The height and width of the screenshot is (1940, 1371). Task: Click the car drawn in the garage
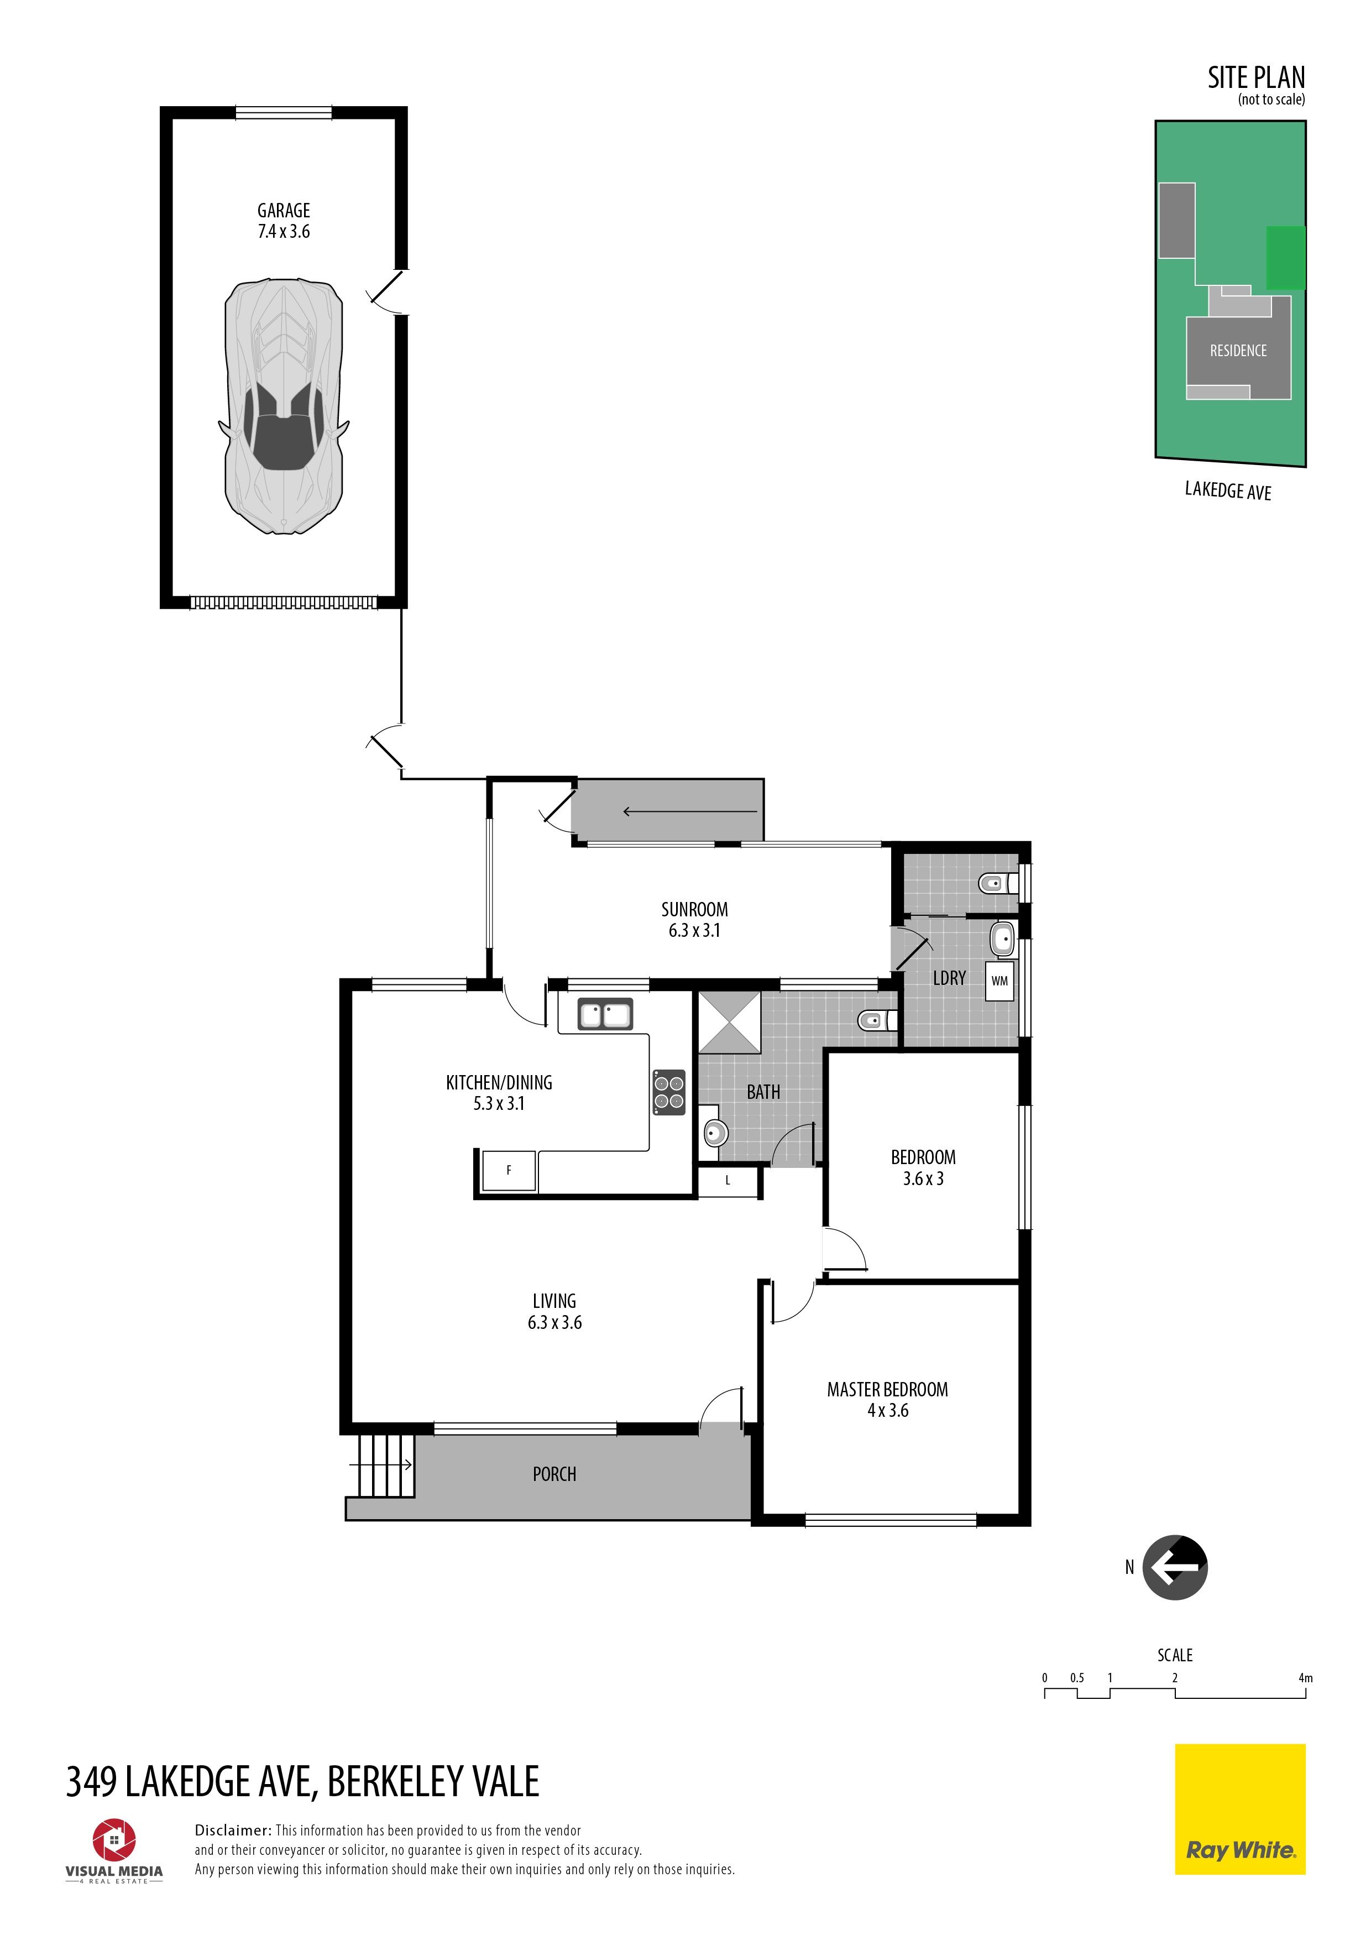click(x=284, y=406)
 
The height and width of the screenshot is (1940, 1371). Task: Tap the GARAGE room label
click(x=284, y=210)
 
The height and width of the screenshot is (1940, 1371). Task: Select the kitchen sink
click(x=605, y=1014)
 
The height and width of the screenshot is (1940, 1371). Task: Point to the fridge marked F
click(x=509, y=1170)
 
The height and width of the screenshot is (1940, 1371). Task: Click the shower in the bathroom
click(x=729, y=1023)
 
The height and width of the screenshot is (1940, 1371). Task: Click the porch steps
click(x=383, y=1465)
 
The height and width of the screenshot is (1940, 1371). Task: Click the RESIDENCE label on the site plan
click(x=1238, y=351)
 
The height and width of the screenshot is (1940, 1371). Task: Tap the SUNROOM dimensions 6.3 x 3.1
click(x=694, y=930)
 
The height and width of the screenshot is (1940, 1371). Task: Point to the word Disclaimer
click(x=232, y=1830)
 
